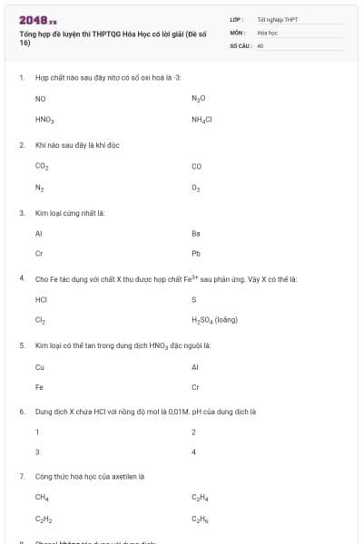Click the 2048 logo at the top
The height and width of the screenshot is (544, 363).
coord(37,19)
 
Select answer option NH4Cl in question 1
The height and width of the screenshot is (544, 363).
coord(201,119)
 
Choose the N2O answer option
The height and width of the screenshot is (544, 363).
coord(199,97)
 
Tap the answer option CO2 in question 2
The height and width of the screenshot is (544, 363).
coord(42,166)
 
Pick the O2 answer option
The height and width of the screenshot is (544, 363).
coord(196,188)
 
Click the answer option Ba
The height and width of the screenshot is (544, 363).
coord(196,233)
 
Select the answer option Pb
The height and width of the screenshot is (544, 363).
coord(196,254)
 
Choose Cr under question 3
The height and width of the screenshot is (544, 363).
coord(39,254)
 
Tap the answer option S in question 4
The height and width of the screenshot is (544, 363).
coord(194,298)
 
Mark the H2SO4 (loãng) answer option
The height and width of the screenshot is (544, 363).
coord(214,320)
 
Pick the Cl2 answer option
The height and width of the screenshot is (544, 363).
coord(40,320)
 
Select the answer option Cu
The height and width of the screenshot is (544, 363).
coord(40,366)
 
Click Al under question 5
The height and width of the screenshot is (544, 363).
coord(195,366)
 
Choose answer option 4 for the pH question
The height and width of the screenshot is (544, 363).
coord(194,452)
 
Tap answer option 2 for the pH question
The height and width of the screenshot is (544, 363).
coord(194,432)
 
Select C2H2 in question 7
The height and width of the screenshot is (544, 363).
coord(43,519)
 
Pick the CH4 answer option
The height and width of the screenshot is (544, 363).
coord(42,497)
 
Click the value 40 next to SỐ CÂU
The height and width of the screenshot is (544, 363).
coord(260,44)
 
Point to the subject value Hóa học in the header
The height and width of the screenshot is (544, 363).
coord(267,32)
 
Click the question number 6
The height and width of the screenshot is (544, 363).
coord(21,411)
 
